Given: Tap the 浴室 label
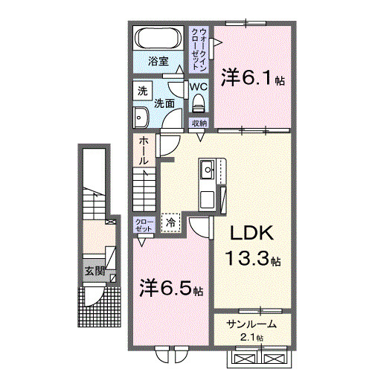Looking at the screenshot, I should coord(158,62).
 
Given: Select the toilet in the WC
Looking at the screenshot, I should coord(197,105).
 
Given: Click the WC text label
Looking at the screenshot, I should coord(198,86).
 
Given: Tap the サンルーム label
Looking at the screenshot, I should coord(252,324).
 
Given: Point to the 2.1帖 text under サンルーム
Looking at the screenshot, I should coord(252,339).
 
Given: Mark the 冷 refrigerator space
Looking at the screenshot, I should coord(171,222).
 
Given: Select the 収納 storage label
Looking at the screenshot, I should coord(199,123).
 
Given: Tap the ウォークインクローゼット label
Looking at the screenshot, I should coord(200,49).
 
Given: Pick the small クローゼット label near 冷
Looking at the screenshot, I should coord(144,225).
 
